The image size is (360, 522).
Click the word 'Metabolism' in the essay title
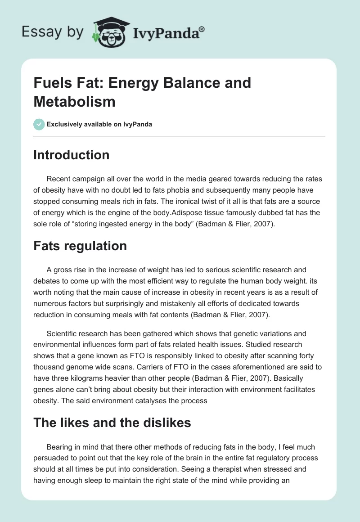point(74,101)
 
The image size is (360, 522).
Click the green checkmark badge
point(39,124)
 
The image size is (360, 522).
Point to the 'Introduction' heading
point(71,155)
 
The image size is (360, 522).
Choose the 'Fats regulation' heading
point(80,246)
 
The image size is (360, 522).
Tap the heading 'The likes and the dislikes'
point(112,423)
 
